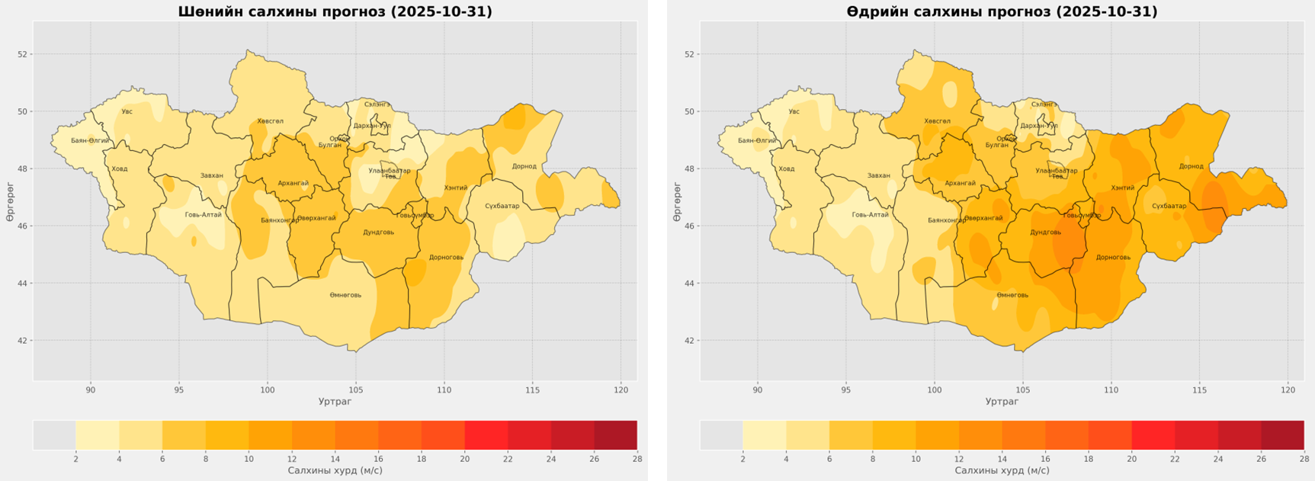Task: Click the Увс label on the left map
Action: pyautogui.click(x=127, y=112)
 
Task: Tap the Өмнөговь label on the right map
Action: pyautogui.click(x=1012, y=295)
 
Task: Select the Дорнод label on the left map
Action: pyautogui.click(x=524, y=166)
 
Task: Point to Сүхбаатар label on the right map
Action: pyautogui.click(x=1169, y=206)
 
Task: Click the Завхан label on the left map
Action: pyautogui.click(x=212, y=176)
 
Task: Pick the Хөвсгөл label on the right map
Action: pyautogui.click(x=937, y=121)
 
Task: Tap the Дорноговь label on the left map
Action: pyautogui.click(x=446, y=257)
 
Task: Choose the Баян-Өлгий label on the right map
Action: pyautogui.click(x=757, y=141)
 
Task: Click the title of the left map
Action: pyautogui.click(x=335, y=11)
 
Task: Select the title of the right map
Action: pyautogui.click(x=1002, y=11)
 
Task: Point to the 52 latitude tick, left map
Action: pyautogui.click(x=23, y=54)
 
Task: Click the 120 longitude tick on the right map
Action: pyautogui.click(x=1288, y=390)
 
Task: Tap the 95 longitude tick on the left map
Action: pyautogui.click(x=179, y=390)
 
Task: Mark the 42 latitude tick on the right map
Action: pyautogui.click(x=690, y=341)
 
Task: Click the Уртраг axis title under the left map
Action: pyautogui.click(x=335, y=402)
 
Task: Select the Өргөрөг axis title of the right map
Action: pyautogui.click(x=677, y=202)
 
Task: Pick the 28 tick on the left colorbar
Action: pyautogui.click(x=637, y=459)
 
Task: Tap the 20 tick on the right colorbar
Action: pyautogui.click(x=1131, y=459)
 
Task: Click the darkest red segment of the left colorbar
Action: pyautogui.click(x=615, y=435)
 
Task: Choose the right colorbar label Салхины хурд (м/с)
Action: pyautogui.click(x=1002, y=471)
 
